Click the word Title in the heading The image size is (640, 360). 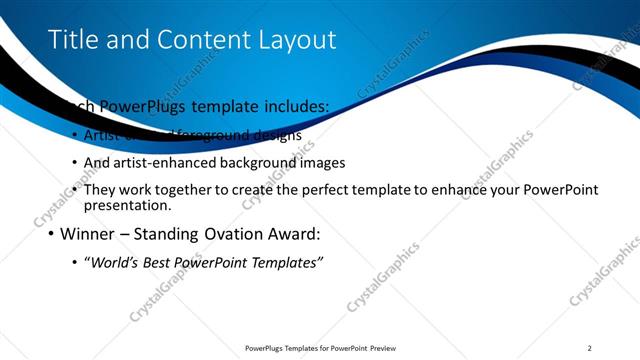pyautogui.click(x=73, y=39)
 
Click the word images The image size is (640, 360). pyautogui.click(x=320, y=162)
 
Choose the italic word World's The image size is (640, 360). pyautogui.click(x=112, y=263)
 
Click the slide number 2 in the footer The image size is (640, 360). pyautogui.click(x=590, y=348)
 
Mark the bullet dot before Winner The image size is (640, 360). pyautogui.click(x=50, y=237)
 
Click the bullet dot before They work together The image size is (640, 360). pyautogui.click(x=75, y=190)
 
